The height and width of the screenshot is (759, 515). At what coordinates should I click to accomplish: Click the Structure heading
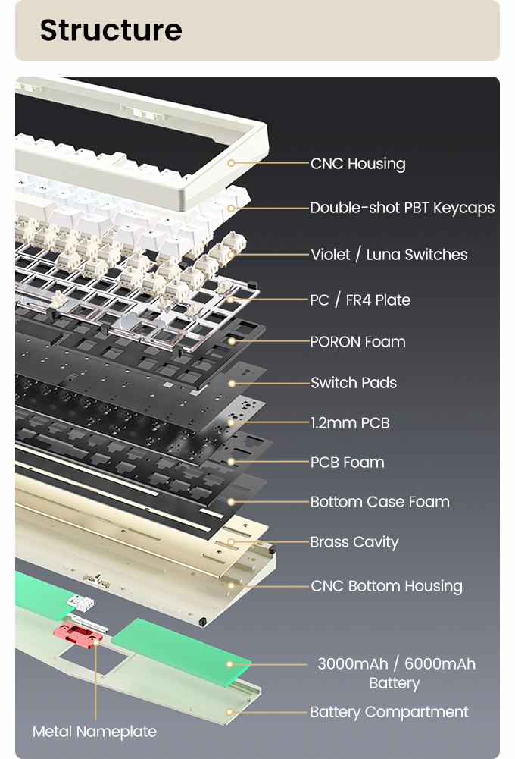tap(111, 30)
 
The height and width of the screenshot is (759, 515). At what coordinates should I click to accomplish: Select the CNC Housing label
tap(357, 164)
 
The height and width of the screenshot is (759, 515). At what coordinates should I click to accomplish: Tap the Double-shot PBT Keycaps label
tap(402, 208)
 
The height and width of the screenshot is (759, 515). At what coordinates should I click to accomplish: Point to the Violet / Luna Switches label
tap(389, 255)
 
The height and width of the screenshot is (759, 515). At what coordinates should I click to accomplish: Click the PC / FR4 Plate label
tap(360, 300)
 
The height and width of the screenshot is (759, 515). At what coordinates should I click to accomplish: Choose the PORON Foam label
tap(357, 342)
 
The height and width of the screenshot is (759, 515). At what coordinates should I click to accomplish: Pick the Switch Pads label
tap(354, 383)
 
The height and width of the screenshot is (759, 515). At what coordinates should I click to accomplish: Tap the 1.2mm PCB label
tap(350, 423)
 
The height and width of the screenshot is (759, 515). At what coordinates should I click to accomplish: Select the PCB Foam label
tap(347, 463)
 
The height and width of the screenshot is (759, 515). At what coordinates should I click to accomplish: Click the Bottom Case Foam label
tap(380, 502)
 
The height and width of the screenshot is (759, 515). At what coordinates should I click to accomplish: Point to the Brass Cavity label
tap(354, 542)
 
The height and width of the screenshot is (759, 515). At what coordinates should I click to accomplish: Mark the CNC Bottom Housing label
tap(386, 586)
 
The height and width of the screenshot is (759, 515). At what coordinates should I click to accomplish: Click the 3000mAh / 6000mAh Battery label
tap(396, 673)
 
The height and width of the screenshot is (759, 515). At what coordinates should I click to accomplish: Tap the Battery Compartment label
tap(389, 712)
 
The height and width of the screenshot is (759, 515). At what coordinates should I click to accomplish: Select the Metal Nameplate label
tap(95, 732)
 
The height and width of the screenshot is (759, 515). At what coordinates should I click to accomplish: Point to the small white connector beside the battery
tap(80, 603)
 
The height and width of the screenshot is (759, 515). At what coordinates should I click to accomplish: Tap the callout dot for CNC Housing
tap(231, 163)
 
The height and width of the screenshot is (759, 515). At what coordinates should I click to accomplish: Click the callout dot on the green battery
tap(229, 664)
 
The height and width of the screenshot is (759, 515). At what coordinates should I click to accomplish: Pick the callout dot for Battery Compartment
tap(229, 711)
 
